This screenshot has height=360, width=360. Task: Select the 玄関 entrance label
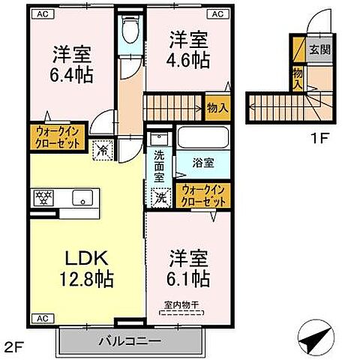click(x=319, y=51)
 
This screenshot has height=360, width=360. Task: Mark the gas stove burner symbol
click(x=42, y=199)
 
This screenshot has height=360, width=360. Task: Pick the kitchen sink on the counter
click(x=80, y=199)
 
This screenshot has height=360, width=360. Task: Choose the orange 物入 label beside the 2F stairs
click(x=218, y=108)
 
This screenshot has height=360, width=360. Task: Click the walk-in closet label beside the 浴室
click(x=202, y=196)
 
